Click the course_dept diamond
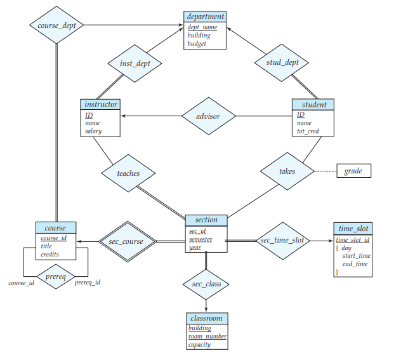[x=56, y=25]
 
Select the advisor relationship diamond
[x=209, y=116]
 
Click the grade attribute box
[x=353, y=171]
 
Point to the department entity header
[x=205, y=17]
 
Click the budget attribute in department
[x=197, y=44]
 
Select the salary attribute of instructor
[x=93, y=132]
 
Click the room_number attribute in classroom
[x=207, y=337]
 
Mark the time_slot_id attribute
[x=352, y=239]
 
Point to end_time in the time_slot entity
[x=355, y=264]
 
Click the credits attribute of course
[x=51, y=254]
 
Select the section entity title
[x=206, y=220]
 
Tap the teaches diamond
[x=128, y=173]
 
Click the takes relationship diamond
[x=287, y=171]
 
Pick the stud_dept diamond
[x=281, y=62]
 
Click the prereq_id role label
[x=88, y=283]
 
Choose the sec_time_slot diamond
[x=282, y=241]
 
